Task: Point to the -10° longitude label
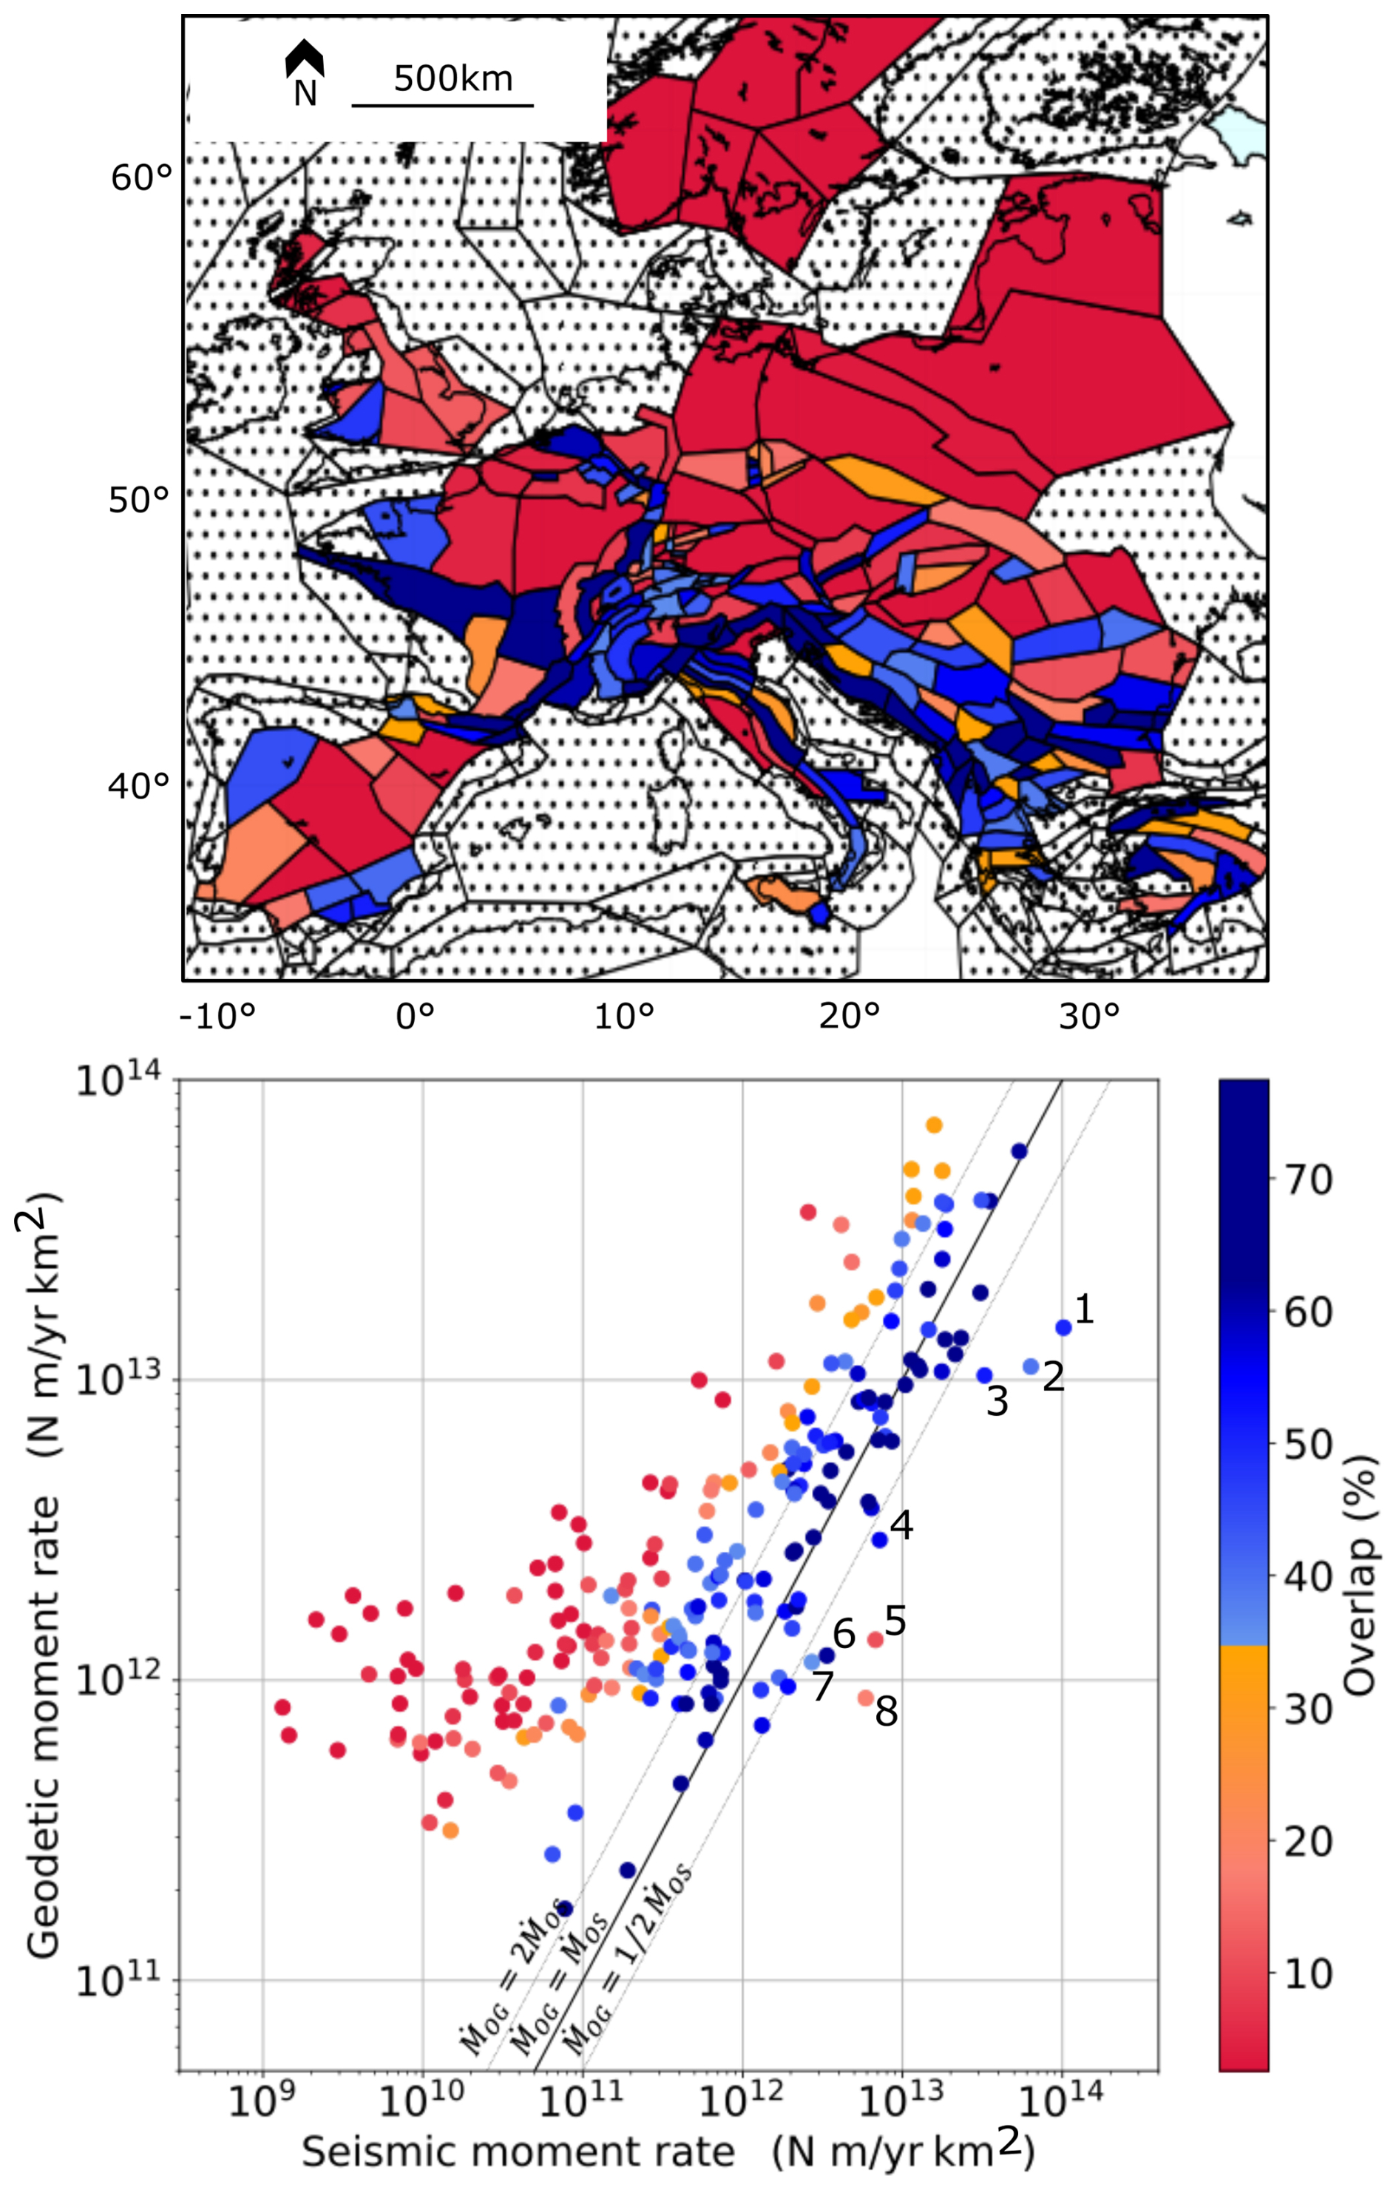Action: click(217, 1016)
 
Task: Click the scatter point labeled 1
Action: click(1063, 1327)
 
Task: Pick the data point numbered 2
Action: click(1031, 1366)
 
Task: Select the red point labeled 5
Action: click(875, 1639)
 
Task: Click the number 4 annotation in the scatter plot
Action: click(901, 1525)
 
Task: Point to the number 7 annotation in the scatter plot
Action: click(822, 1687)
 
